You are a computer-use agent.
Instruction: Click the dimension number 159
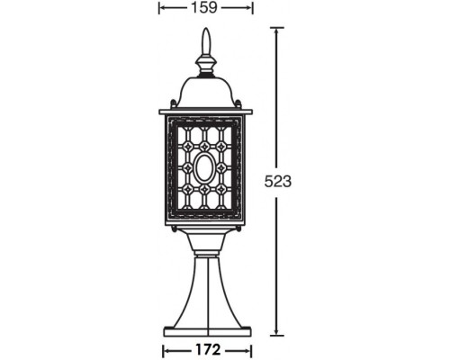point(205,8)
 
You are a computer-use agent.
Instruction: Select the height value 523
point(278,181)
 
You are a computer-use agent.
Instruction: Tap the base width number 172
point(205,347)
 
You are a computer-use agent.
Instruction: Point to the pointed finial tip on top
point(205,36)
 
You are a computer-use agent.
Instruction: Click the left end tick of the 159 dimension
point(159,8)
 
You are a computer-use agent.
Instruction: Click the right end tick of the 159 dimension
point(252,8)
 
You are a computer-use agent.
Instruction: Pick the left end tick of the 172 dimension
point(163,347)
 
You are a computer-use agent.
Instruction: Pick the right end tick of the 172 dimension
point(248,347)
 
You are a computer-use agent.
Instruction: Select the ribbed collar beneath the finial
point(205,65)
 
